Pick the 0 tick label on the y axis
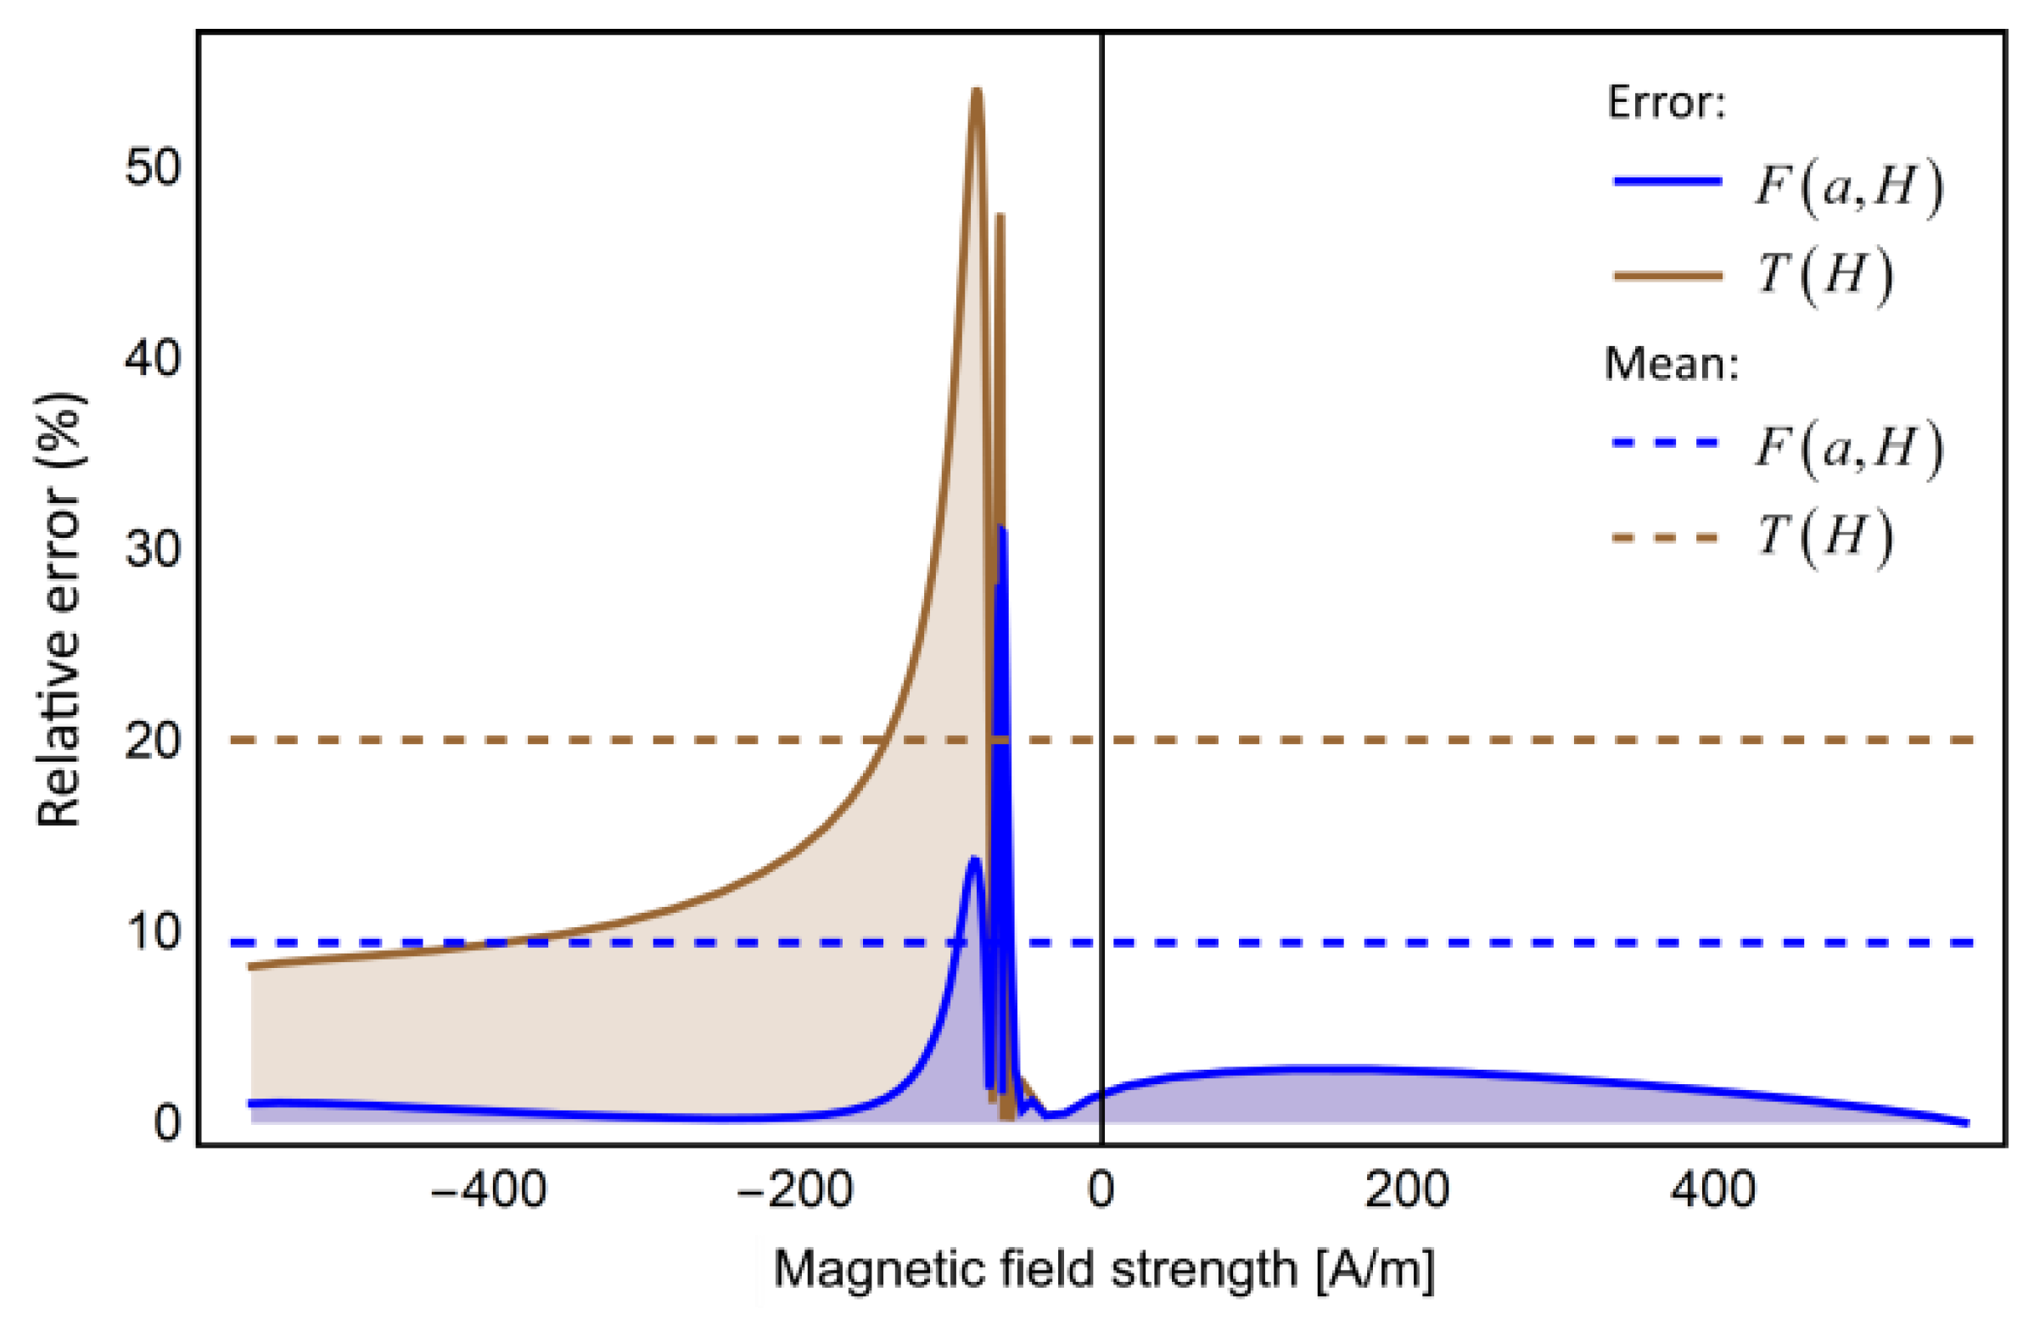(x=167, y=1121)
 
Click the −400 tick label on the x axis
(x=488, y=1189)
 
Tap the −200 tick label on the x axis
(x=795, y=1189)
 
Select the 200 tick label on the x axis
(x=1407, y=1189)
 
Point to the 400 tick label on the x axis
(x=1713, y=1189)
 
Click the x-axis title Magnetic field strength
(x=1103, y=1269)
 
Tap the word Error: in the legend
(x=1666, y=103)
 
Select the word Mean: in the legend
(x=1672, y=364)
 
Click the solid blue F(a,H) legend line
(x=1667, y=182)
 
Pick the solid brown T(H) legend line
(x=1667, y=275)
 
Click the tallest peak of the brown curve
(x=976, y=91)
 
